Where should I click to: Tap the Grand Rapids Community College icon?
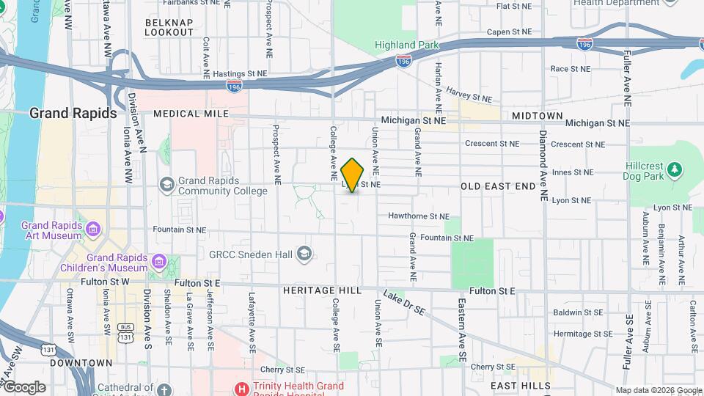coord(167,183)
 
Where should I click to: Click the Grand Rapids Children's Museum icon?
coord(158,260)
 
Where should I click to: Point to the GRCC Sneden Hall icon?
coord(304,254)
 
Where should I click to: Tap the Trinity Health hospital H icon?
coord(239,386)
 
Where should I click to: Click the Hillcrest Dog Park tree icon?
coord(675,171)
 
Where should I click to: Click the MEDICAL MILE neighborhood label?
coord(191,114)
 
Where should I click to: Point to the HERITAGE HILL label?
coord(322,291)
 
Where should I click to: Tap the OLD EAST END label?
coord(498,187)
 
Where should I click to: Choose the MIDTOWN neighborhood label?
coord(538,116)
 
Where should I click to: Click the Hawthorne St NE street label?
coord(418,216)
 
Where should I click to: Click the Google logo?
coord(24,387)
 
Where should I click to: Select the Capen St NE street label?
coord(509,32)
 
